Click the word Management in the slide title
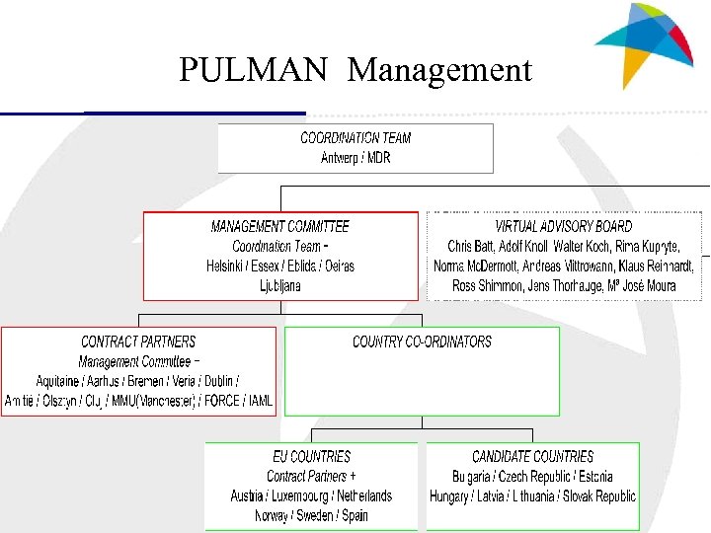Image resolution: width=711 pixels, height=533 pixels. tap(439, 70)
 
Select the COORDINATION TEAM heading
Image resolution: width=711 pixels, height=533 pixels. tap(355, 138)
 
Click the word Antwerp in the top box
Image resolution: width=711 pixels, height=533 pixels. tap(341, 158)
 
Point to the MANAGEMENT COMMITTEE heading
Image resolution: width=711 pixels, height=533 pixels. tap(280, 226)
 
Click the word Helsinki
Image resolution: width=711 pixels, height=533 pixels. tap(229, 266)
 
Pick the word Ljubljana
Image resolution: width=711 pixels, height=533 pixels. tap(280, 285)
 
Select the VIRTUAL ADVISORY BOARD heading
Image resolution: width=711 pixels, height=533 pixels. tap(564, 226)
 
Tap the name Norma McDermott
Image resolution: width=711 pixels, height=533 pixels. tap(475, 266)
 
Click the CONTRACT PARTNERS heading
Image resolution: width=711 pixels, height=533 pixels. tap(138, 342)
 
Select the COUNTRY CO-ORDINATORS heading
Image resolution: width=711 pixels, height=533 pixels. tap(422, 342)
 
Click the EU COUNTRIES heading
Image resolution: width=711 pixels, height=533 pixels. tap(311, 456)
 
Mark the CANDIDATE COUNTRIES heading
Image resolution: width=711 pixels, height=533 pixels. tap(532, 456)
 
